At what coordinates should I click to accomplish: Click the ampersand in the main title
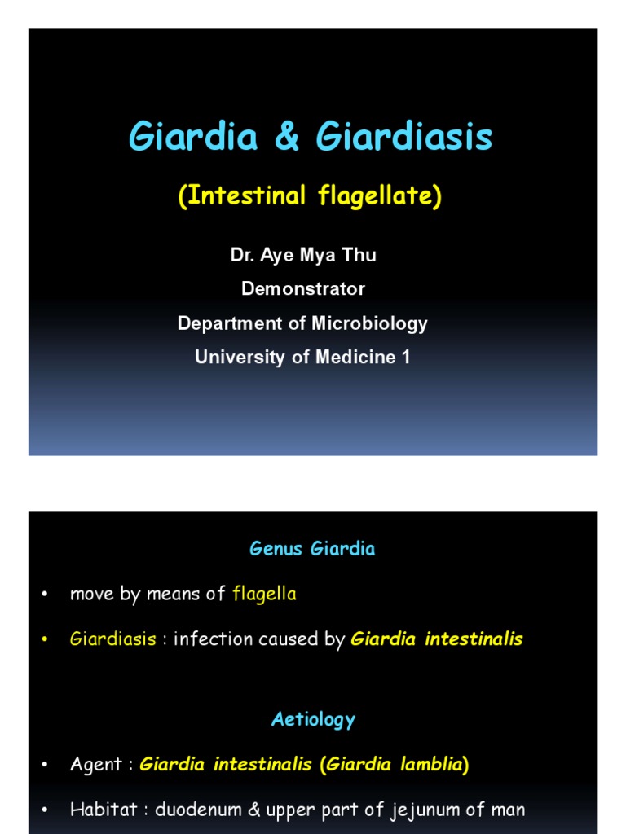288,138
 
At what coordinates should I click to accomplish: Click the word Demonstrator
302,289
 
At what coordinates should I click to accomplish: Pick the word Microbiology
369,323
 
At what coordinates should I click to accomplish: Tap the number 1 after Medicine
406,357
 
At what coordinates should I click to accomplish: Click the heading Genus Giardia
312,549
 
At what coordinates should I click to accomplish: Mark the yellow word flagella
264,595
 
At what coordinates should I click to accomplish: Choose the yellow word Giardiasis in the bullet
112,639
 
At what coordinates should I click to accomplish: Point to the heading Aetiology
313,720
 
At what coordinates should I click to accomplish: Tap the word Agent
96,766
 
